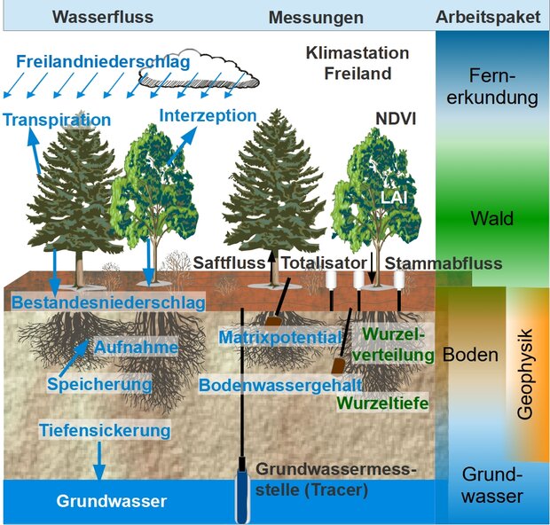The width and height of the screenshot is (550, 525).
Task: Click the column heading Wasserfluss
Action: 102,17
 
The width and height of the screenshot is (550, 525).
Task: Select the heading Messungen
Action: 317,18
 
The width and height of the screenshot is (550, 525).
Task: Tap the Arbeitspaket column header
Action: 488,18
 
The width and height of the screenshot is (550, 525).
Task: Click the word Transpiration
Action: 56,120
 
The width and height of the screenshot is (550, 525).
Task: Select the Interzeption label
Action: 208,115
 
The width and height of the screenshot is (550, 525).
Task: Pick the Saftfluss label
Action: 233,263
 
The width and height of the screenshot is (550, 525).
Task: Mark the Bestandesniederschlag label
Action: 108,302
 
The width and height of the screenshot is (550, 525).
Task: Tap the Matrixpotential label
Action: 279,337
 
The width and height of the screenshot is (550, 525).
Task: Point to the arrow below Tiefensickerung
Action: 98,459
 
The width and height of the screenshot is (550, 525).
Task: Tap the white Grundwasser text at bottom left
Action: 112,501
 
